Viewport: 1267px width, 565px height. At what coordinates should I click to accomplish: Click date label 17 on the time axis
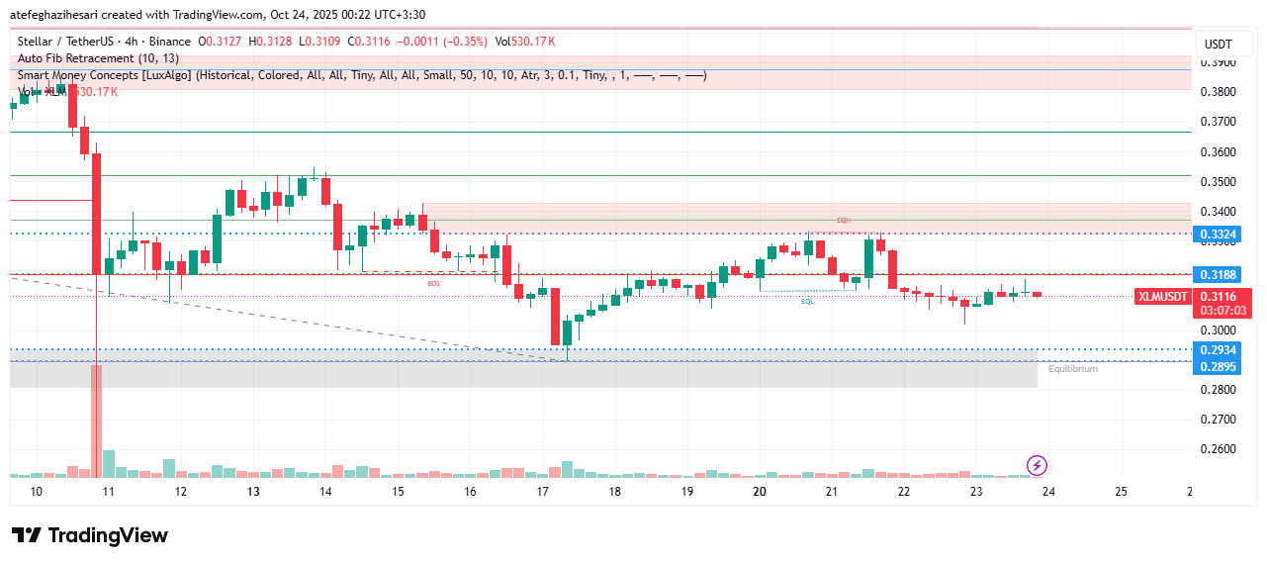tap(542, 491)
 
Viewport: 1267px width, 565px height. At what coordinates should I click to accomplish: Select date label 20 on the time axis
tap(760, 491)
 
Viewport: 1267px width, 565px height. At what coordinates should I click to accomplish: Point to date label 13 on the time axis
tap(253, 491)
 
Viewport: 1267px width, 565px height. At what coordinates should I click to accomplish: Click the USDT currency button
tap(1218, 45)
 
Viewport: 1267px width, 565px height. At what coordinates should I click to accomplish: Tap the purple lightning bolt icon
tap(1037, 465)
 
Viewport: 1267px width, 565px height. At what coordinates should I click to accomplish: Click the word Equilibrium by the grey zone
tap(1073, 369)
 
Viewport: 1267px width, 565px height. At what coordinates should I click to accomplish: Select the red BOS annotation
tap(433, 284)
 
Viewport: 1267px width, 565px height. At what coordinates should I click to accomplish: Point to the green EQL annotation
tap(808, 301)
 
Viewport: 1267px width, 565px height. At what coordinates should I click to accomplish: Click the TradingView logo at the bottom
tap(90, 535)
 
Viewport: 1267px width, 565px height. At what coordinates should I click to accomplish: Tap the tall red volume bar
tap(96, 421)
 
